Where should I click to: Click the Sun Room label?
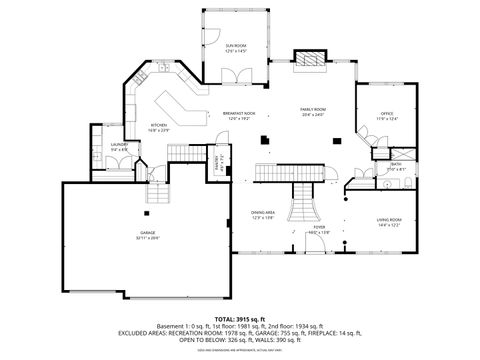(x=236, y=45)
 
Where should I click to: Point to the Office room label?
(x=387, y=115)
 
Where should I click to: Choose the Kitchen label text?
(x=159, y=125)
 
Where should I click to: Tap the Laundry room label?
(x=118, y=146)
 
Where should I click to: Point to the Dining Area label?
(x=263, y=212)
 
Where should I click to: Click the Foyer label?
(x=319, y=227)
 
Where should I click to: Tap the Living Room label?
(x=389, y=219)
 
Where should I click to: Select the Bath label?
(x=397, y=164)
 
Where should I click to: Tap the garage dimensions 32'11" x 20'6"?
(x=148, y=240)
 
